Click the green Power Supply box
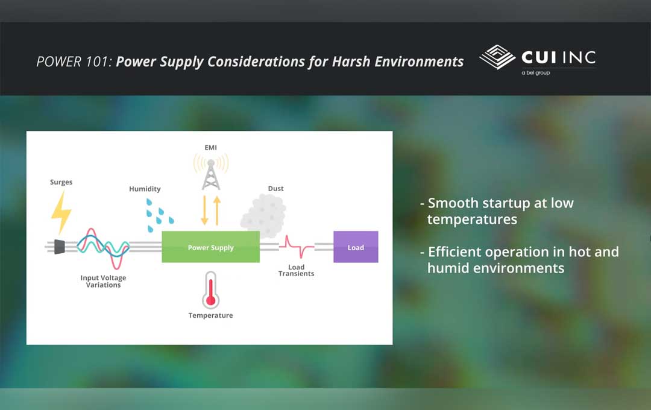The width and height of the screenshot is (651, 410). (210, 247)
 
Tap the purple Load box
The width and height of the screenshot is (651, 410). (356, 247)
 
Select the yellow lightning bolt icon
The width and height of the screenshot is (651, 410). (61, 212)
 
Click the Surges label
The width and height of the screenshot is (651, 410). (61, 182)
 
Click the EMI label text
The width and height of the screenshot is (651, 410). (210, 147)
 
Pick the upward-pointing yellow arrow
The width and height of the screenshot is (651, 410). (217, 210)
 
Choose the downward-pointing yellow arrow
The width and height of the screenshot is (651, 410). (204, 210)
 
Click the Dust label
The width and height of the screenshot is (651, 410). (275, 189)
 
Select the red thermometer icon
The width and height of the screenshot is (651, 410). (210, 289)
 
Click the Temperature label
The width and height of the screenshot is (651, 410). (210, 315)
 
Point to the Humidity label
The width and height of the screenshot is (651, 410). (145, 189)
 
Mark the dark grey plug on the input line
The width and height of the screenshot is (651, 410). (59, 247)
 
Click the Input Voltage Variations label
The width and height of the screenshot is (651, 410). (103, 282)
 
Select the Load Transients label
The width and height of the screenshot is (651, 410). (296, 270)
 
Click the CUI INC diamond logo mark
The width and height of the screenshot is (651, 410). (497, 57)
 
